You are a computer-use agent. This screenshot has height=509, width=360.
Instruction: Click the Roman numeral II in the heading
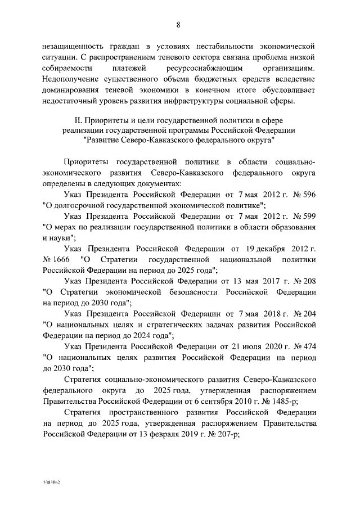(x=79, y=120)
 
